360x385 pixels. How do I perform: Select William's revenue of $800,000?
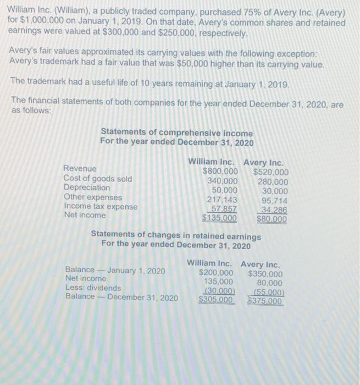pyautogui.click(x=220, y=172)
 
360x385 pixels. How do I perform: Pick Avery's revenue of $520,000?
pyautogui.click(x=271, y=172)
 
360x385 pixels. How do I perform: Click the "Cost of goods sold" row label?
pyautogui.click(x=97, y=178)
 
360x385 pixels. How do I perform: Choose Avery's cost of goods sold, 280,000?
pyautogui.click(x=273, y=181)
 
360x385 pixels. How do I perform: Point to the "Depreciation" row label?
pyautogui.click(x=86, y=188)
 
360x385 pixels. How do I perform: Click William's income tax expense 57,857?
pyautogui.click(x=223, y=208)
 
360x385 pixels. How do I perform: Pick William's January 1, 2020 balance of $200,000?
pyautogui.click(x=215, y=273)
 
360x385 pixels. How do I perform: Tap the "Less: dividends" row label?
pyautogui.click(x=93, y=288)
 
